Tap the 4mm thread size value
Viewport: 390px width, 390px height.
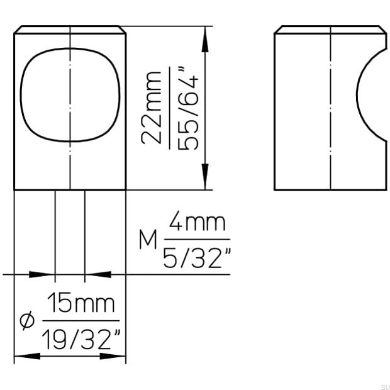pos(196,224)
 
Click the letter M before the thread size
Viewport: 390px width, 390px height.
pos(148,240)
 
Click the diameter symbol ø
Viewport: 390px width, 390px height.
pos(26,322)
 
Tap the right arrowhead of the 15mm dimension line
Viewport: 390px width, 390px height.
pos(116,357)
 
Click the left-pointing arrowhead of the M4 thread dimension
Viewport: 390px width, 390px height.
pos(97,274)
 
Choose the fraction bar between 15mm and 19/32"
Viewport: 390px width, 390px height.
pos(81,321)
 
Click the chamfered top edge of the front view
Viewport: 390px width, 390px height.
pos(70,29)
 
